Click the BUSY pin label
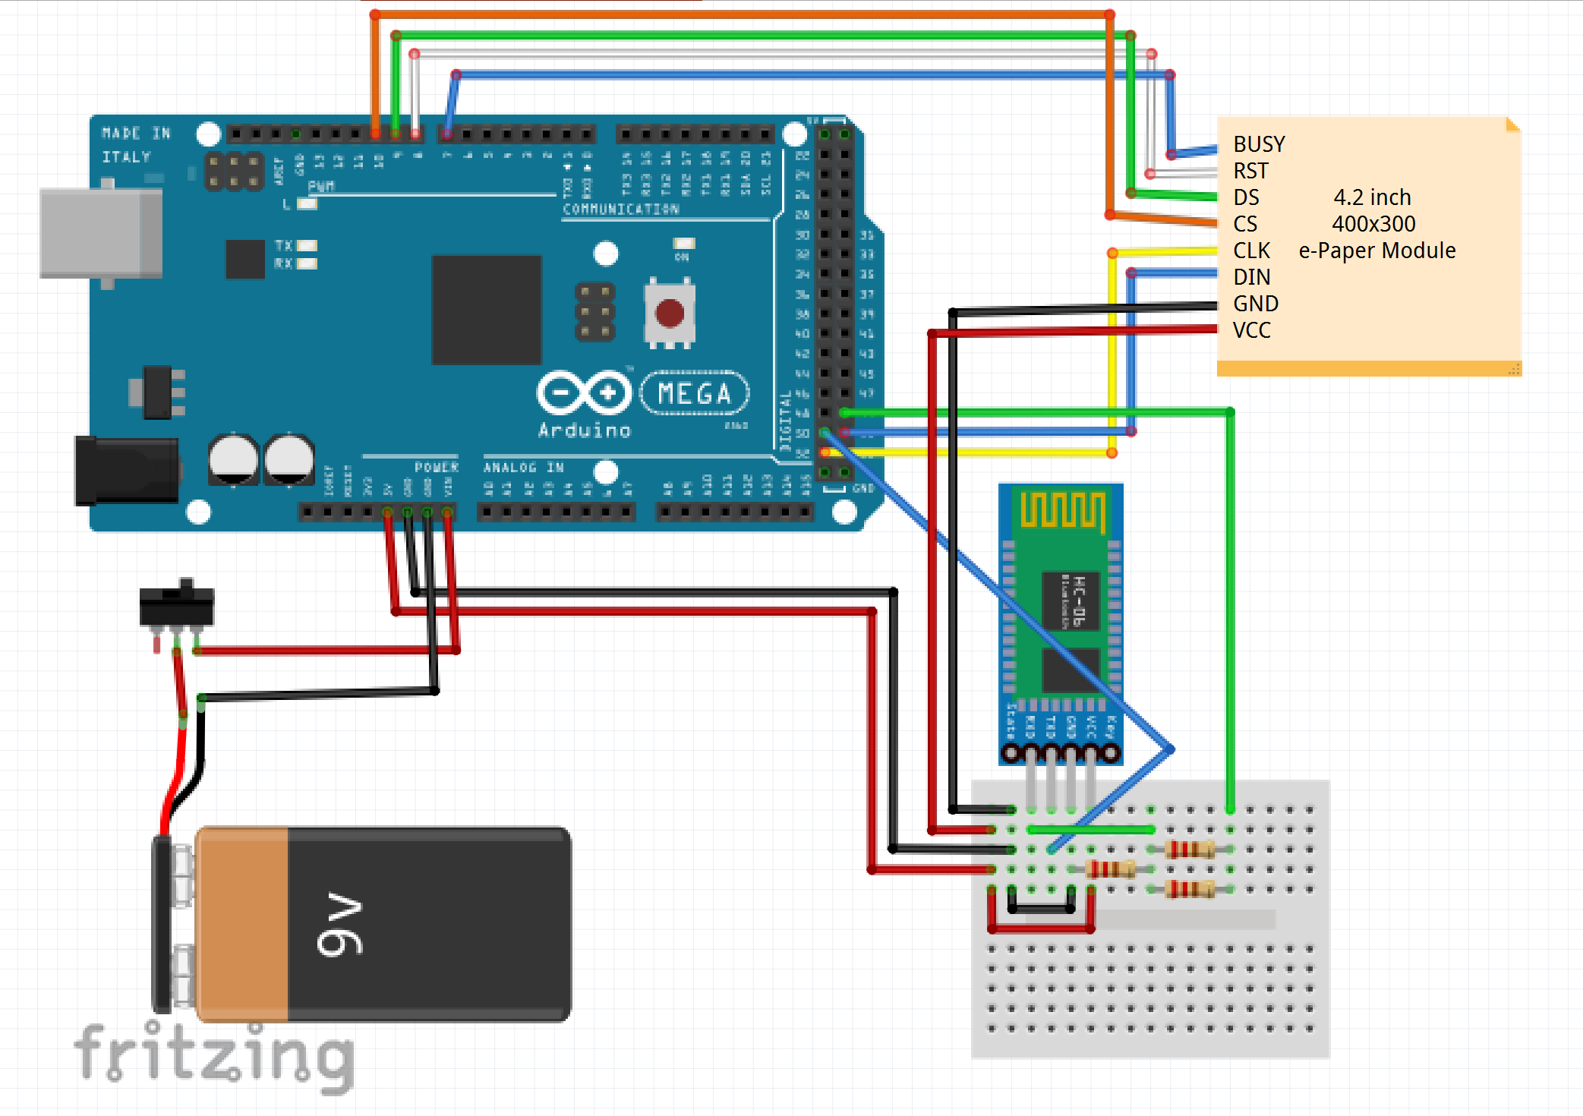pyautogui.click(x=1259, y=144)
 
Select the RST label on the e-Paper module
pyautogui.click(x=1250, y=171)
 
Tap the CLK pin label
pyautogui.click(x=1251, y=251)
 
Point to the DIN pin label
pyautogui.click(x=1251, y=277)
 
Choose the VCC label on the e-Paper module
pyautogui.click(x=1251, y=330)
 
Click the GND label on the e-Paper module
pyautogui.click(x=1256, y=304)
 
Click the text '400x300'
pyautogui.click(x=1373, y=224)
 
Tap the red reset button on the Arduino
pyautogui.click(x=669, y=313)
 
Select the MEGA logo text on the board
pyautogui.click(x=694, y=393)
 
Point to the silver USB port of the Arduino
pyautogui.click(x=100, y=233)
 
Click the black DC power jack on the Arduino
pyautogui.click(x=126, y=471)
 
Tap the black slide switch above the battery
pyautogui.click(x=177, y=605)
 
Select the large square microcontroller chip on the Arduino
pyautogui.click(x=486, y=310)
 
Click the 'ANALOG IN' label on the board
pyautogui.click(x=523, y=468)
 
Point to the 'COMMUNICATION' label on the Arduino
pyautogui.click(x=620, y=209)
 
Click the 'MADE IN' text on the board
pyautogui.click(x=136, y=134)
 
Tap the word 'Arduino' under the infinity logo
pyautogui.click(x=584, y=430)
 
